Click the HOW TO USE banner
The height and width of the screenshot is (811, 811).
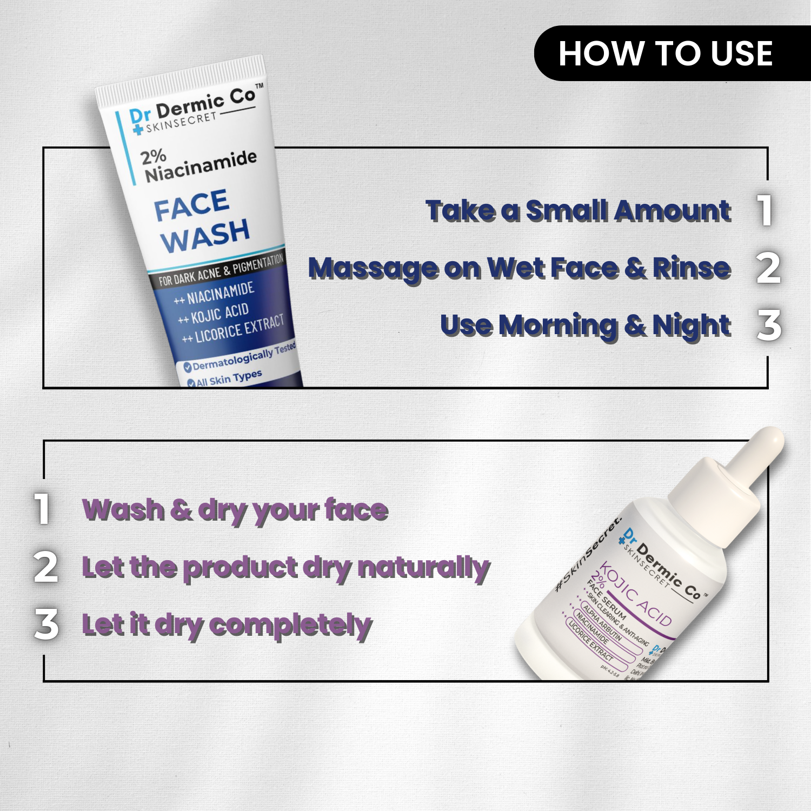pos(666,54)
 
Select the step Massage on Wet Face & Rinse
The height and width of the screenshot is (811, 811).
pos(519,268)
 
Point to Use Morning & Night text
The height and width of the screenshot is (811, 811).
pos(585,325)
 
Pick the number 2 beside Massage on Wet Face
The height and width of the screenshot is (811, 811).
pos(768,268)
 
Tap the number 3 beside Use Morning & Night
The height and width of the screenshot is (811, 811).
pos(769,325)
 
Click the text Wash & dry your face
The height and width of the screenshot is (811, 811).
pos(235,510)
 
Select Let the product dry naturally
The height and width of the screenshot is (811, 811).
pos(285,568)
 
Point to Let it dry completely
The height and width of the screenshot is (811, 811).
pos(227,625)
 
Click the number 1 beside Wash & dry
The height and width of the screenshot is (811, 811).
pos(42,508)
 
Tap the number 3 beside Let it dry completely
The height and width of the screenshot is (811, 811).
pos(46,624)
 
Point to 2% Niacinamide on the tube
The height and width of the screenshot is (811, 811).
pos(198,164)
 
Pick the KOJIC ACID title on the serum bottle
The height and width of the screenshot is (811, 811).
pos(636,594)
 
